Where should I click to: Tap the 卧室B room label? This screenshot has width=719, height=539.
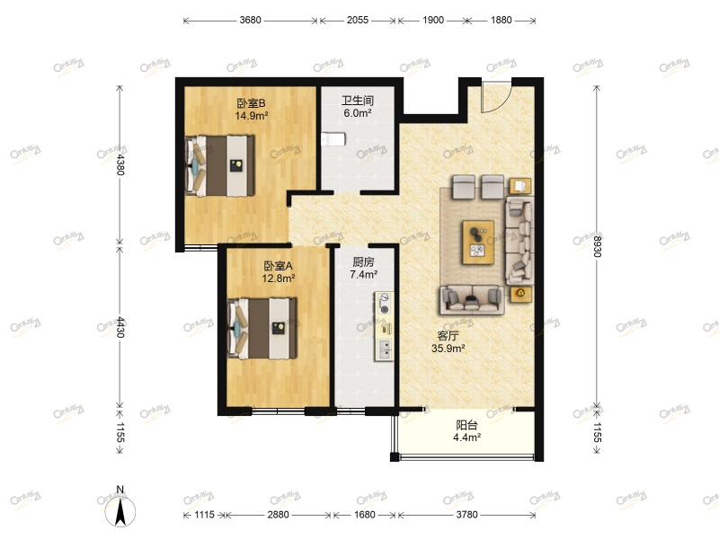(x=251, y=102)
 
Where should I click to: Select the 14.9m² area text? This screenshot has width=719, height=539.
(x=251, y=116)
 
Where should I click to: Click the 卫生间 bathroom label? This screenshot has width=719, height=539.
(x=357, y=101)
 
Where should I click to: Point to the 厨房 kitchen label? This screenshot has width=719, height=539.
(x=363, y=262)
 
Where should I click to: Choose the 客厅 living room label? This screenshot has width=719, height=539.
(x=448, y=336)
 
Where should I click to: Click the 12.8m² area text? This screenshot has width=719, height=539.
(x=279, y=278)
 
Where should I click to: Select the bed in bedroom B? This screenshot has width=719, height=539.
(x=219, y=165)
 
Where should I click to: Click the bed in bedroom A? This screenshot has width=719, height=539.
(x=262, y=328)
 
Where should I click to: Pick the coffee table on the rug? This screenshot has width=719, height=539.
(x=479, y=241)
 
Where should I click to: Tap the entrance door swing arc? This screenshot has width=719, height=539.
(x=495, y=97)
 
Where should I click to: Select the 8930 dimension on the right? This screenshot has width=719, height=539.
(x=597, y=243)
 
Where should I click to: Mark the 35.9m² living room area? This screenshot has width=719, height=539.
(x=448, y=349)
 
